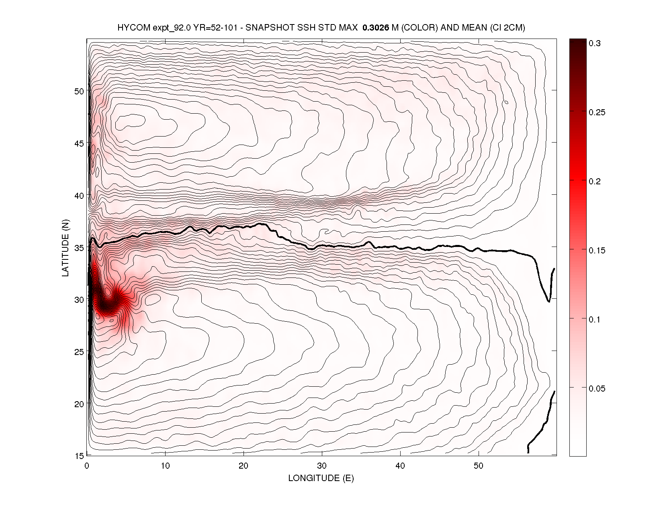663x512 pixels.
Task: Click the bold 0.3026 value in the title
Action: pos(376,28)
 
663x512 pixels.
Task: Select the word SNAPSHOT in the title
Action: pos(267,28)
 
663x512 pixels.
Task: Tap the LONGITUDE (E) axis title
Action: pos(321,478)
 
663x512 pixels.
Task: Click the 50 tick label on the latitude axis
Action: pos(79,91)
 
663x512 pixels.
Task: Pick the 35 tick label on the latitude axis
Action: pos(79,248)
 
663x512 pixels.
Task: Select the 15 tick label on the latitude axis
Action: pos(79,455)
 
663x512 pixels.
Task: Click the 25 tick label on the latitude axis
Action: pos(79,352)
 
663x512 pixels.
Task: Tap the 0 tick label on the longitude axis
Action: pos(87,466)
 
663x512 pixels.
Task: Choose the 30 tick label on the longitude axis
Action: pos(322,466)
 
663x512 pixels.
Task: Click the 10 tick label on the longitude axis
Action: pos(165,466)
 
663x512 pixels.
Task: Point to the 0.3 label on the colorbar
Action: pos(595,43)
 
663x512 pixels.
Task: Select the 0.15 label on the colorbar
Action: pos(597,251)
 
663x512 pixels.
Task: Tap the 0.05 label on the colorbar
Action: pos(597,389)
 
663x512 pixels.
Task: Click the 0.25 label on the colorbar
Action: pos(597,112)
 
